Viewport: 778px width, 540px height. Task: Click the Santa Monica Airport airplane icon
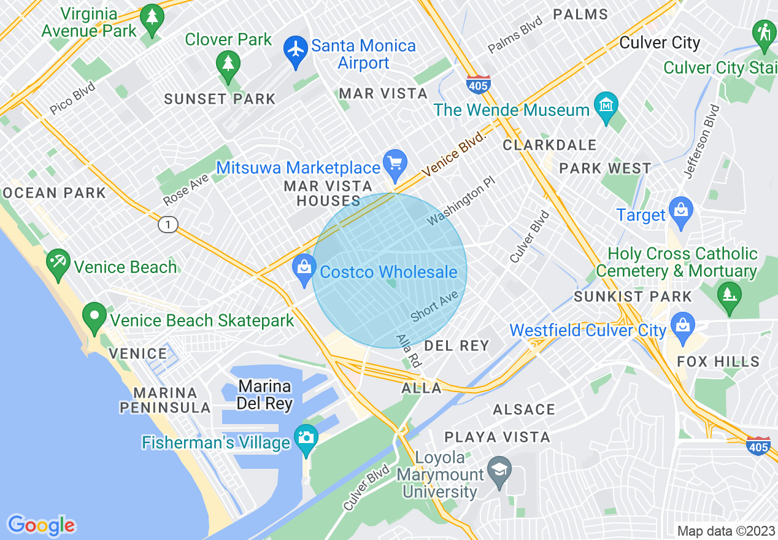[296, 48]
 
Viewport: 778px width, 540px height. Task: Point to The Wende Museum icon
[606, 107]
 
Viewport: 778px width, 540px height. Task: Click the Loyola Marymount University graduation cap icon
[499, 471]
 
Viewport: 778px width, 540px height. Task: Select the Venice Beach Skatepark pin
[94, 317]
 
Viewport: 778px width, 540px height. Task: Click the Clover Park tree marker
[228, 63]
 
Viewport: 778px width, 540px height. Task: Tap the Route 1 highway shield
[167, 225]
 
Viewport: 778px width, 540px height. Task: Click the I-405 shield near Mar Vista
[477, 84]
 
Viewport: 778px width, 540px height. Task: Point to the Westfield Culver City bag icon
[682, 326]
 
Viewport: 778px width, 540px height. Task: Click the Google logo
[41, 525]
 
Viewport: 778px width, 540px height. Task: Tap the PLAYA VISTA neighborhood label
[498, 437]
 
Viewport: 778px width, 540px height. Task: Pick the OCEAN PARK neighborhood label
[54, 193]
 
